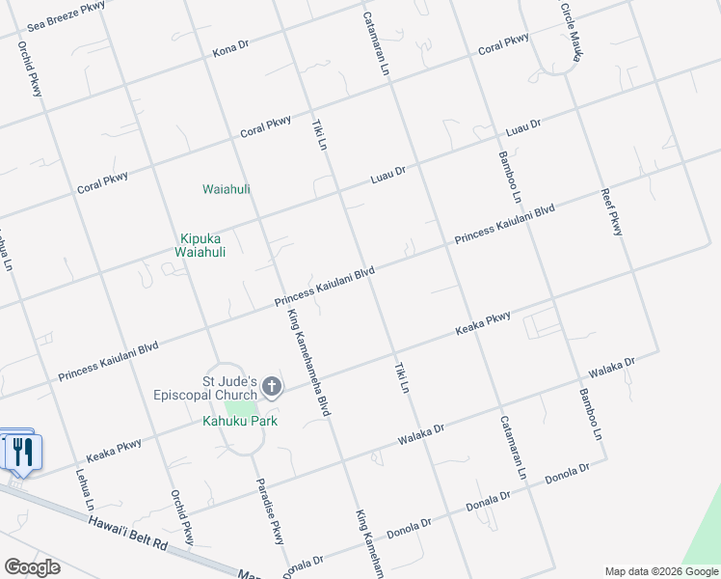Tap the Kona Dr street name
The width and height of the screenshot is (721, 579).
coord(231,49)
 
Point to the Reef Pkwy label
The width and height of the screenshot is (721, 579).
coord(611,211)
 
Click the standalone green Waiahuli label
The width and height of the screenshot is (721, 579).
coord(226,189)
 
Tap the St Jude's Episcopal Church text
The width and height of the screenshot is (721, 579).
coord(205,387)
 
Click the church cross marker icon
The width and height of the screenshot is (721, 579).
coord(272,388)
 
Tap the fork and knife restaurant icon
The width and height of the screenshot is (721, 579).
coord(21,451)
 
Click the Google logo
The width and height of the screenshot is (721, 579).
coord(32,567)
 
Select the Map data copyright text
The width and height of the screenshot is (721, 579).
coord(660,571)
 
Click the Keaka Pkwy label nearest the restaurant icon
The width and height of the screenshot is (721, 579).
coord(114,450)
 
